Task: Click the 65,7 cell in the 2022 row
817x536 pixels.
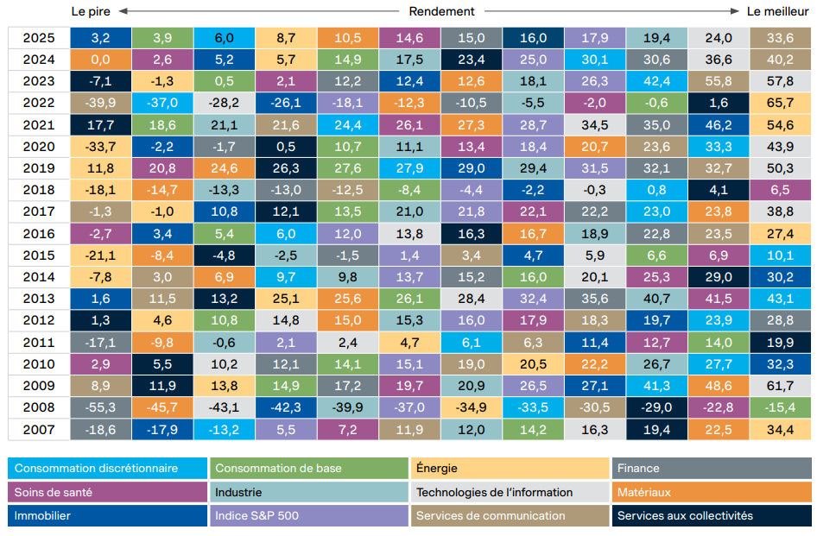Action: click(780, 103)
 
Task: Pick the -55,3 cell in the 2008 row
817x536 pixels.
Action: click(100, 407)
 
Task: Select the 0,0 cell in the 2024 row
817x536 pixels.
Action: click(100, 59)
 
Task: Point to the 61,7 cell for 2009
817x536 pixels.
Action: click(780, 386)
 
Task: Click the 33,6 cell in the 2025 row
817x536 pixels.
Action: click(780, 37)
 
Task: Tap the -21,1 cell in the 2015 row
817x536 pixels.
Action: click(100, 255)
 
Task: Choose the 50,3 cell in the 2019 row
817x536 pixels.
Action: click(780, 167)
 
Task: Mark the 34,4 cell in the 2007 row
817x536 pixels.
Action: click(780, 429)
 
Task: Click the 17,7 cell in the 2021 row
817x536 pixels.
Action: click(100, 124)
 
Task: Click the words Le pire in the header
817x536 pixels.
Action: click(92, 11)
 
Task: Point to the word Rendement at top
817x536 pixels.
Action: click(442, 11)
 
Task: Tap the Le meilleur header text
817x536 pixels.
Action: click(777, 11)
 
